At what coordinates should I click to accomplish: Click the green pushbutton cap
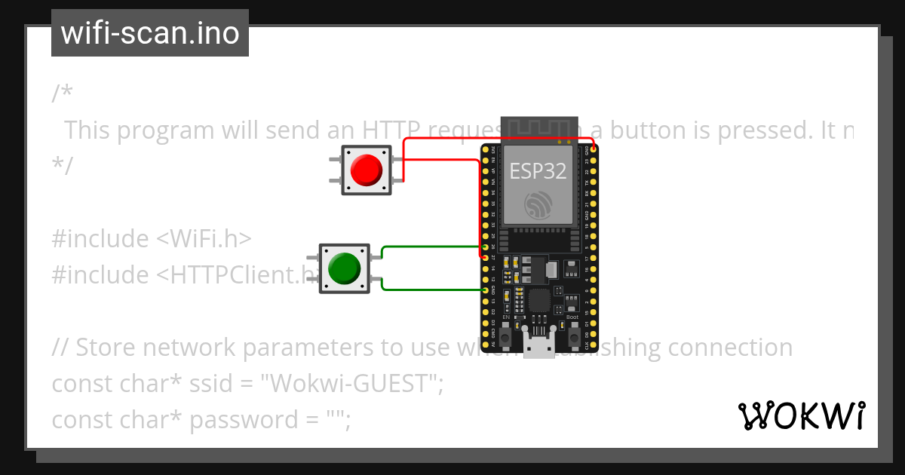coord(344,268)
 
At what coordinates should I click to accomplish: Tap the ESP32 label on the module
coord(538,171)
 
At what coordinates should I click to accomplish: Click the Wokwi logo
coord(801,415)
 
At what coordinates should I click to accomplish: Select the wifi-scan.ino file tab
coord(150,33)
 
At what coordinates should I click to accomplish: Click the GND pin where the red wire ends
coord(594,149)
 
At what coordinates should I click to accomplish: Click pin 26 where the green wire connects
coord(484,247)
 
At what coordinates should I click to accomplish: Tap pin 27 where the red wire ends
coord(484,257)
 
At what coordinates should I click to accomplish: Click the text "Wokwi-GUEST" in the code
coord(350,384)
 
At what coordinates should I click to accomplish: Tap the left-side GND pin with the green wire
coord(484,290)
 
